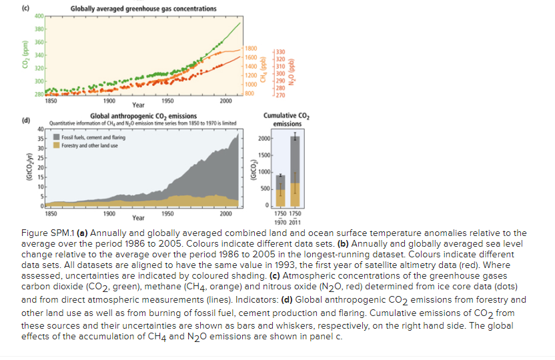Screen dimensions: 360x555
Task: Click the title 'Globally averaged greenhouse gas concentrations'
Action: click(x=143, y=9)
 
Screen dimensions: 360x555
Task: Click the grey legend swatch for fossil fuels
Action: click(x=57, y=138)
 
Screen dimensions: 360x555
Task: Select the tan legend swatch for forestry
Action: click(x=57, y=145)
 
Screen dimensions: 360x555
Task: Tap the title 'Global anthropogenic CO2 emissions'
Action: click(x=143, y=116)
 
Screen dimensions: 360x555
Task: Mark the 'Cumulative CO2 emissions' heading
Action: click(x=286, y=119)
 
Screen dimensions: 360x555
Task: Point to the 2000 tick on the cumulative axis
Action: click(x=264, y=139)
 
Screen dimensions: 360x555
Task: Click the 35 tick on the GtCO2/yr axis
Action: click(x=41, y=140)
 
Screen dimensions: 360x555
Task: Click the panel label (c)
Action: click(x=25, y=7)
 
